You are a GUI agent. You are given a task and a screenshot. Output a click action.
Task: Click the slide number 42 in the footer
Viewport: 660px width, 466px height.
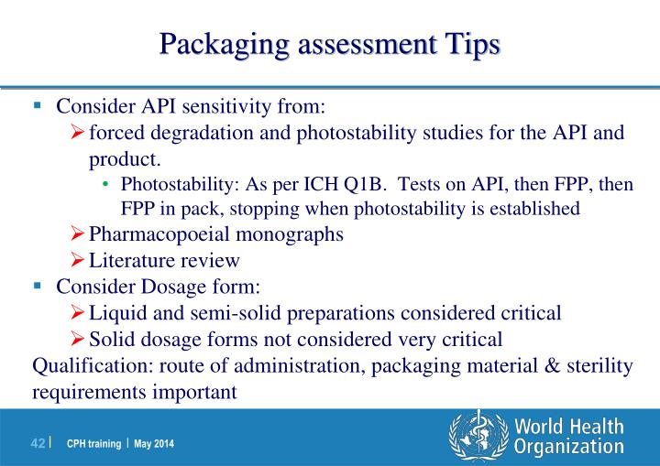point(38,444)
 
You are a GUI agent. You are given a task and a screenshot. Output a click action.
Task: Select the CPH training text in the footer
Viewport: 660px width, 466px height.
point(93,444)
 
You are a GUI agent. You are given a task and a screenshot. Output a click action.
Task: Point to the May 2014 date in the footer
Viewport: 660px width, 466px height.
point(153,444)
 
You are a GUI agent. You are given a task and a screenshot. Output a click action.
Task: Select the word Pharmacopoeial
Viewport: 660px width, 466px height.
point(157,233)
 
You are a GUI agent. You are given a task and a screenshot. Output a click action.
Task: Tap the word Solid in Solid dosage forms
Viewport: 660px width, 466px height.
point(113,340)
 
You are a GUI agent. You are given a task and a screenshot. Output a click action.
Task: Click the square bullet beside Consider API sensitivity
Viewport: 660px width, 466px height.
point(38,105)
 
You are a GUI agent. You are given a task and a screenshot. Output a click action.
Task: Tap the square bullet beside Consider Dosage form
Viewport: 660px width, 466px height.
point(38,286)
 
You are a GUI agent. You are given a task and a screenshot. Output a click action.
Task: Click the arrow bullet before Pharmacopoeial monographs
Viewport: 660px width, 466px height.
point(79,233)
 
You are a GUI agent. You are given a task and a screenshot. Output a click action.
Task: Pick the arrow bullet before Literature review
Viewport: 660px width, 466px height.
point(79,260)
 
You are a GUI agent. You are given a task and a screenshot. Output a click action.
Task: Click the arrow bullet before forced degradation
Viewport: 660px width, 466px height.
point(79,133)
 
